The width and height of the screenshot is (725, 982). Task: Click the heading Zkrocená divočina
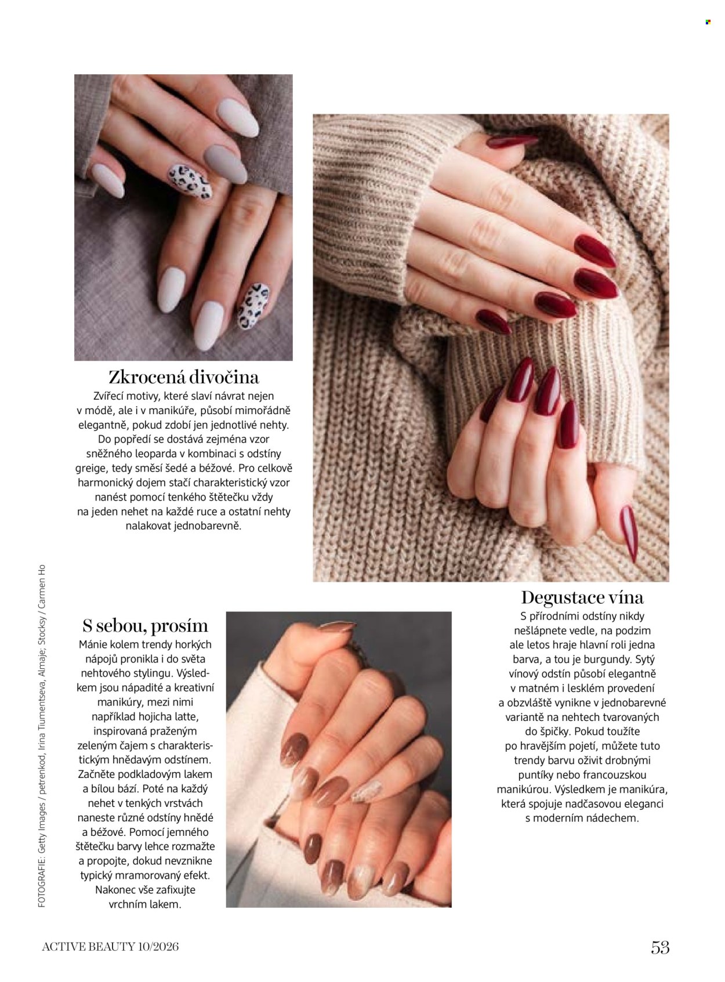tap(183, 378)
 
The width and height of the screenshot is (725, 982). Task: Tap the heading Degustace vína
tap(582, 597)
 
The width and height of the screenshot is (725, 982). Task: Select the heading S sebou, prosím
tap(145, 626)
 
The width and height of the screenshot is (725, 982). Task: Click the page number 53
tap(660, 947)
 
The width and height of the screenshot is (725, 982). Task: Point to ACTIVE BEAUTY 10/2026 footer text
tap(110, 947)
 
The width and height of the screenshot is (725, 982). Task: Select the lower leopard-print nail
tap(253, 306)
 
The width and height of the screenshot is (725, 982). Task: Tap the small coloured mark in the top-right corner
tap(708, 21)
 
